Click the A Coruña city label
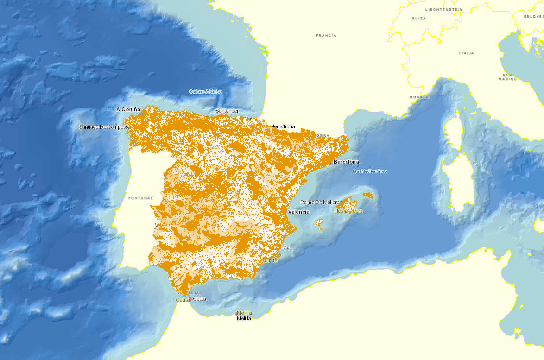[x=128, y=109]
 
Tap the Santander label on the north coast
[x=227, y=111]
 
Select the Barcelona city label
[x=346, y=162]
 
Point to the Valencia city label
[x=298, y=212]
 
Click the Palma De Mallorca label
[x=319, y=202]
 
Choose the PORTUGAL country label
[x=140, y=198]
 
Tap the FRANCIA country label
[x=326, y=35]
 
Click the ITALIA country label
[x=466, y=53]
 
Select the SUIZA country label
[x=418, y=18]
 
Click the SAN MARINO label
[x=507, y=77]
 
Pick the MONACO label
[x=419, y=97]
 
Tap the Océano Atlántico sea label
[x=205, y=92]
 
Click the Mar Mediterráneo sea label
[x=369, y=171]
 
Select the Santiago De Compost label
[x=102, y=126]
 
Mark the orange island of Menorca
[x=367, y=195]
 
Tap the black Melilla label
[x=244, y=319]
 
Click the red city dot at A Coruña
[x=140, y=114]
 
